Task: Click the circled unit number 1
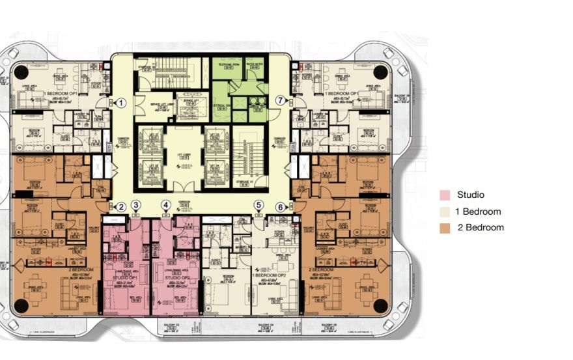pyautogui.click(x=120, y=102)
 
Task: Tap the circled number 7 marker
pyautogui.click(x=281, y=100)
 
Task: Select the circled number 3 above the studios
pyautogui.click(x=135, y=206)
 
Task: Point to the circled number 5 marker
pyautogui.click(x=259, y=206)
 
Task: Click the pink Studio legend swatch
pyautogui.click(x=445, y=195)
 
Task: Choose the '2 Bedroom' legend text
pyautogui.click(x=480, y=228)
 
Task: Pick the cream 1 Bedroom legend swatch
pyautogui.click(x=445, y=212)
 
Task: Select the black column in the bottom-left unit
pyautogui.click(x=21, y=305)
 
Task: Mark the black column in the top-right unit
pyautogui.click(x=380, y=70)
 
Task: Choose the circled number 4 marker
pyautogui.click(x=166, y=206)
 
